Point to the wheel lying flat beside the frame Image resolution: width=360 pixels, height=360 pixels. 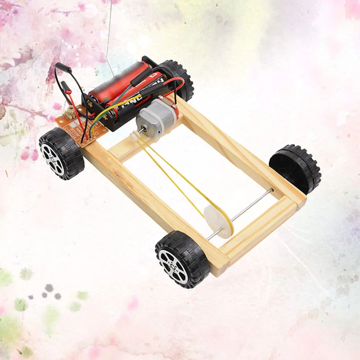coord(295,169)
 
